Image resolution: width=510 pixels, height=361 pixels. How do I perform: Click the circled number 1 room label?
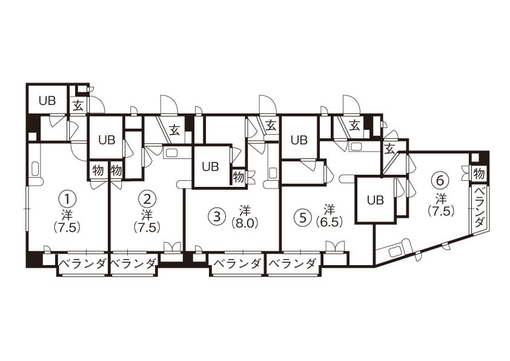click(x=67, y=199)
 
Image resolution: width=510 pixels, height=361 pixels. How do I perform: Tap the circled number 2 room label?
click(x=147, y=199)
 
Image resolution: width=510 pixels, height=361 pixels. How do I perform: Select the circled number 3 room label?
click(x=219, y=216)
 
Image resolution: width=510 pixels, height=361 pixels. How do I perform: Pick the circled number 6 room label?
click(x=440, y=181)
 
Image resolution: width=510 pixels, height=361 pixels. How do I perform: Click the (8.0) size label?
click(x=245, y=224)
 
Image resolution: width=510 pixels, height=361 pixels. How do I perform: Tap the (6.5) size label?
click(x=330, y=223)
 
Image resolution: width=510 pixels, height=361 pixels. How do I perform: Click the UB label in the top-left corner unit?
click(x=47, y=101)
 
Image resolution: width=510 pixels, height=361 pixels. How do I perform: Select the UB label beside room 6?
click(x=376, y=200)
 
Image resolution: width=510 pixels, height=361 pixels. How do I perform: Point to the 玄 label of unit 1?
click(x=78, y=106)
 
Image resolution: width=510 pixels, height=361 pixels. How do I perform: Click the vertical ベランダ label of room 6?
click(x=479, y=208)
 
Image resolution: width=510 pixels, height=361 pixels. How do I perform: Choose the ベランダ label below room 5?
click(x=293, y=263)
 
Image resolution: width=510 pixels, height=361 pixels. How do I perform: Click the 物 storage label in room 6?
click(x=479, y=174)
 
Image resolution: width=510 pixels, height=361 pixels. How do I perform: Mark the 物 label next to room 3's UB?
click(x=238, y=177)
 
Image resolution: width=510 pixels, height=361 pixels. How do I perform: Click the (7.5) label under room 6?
click(x=441, y=211)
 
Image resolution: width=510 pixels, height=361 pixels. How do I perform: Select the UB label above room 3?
click(x=210, y=167)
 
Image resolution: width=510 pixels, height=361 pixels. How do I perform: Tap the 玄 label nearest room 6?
click(x=389, y=149)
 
